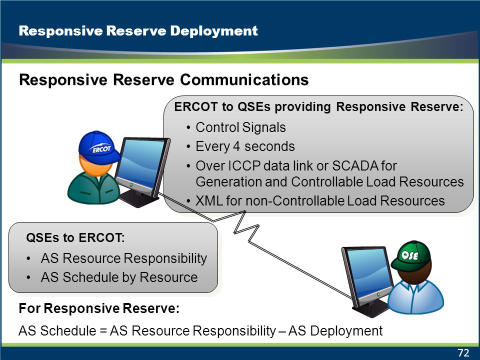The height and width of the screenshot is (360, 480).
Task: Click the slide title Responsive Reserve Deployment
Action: (x=138, y=31)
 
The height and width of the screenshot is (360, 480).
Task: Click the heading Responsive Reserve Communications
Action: (x=164, y=80)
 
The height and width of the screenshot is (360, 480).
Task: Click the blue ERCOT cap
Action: (x=98, y=147)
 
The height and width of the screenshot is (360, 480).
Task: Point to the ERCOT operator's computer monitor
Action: (x=141, y=171)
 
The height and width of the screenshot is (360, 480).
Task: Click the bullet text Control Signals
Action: (x=240, y=127)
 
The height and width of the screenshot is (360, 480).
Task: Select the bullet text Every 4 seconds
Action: (x=245, y=146)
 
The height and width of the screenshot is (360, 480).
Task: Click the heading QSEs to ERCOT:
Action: (x=75, y=237)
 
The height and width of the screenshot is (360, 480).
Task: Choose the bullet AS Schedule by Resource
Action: (x=119, y=277)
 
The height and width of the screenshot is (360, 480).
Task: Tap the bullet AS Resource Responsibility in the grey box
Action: (x=124, y=258)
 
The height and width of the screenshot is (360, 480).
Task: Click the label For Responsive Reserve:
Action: (x=99, y=308)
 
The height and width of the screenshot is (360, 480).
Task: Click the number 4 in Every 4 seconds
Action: (x=236, y=146)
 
